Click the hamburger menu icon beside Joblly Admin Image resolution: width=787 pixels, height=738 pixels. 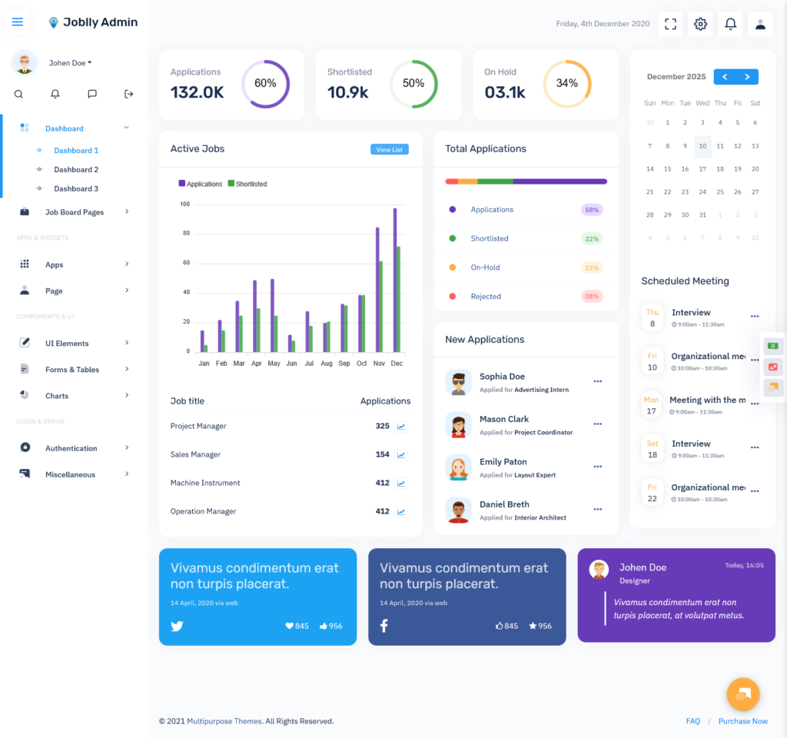[x=18, y=22]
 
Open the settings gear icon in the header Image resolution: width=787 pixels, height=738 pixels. [x=700, y=24]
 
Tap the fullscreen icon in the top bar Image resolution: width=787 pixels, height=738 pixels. [x=670, y=24]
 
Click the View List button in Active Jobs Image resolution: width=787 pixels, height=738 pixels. [x=390, y=150]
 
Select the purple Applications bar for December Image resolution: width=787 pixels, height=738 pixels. [x=395, y=280]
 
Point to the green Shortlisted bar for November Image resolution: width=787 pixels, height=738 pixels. [x=381, y=306]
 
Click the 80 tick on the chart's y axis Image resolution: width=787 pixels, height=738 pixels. [x=186, y=234]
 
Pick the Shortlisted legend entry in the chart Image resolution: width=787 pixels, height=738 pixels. [x=247, y=184]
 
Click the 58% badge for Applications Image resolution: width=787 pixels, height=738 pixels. [x=592, y=210]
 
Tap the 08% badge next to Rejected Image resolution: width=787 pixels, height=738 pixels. [x=592, y=296]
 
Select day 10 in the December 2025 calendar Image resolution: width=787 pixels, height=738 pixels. [x=702, y=146]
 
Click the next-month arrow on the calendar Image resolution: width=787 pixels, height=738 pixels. [x=747, y=77]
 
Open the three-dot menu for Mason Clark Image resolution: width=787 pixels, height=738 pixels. [x=598, y=424]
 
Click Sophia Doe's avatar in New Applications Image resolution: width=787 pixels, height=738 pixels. [x=458, y=383]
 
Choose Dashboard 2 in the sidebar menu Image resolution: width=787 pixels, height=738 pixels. [x=76, y=170]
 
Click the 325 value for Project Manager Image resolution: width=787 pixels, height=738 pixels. [x=383, y=426]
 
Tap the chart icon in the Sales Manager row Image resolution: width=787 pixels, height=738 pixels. [x=401, y=455]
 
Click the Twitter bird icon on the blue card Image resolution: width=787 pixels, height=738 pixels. [x=177, y=626]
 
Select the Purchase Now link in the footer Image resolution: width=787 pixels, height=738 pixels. [x=743, y=721]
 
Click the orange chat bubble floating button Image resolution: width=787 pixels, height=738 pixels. [x=743, y=694]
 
